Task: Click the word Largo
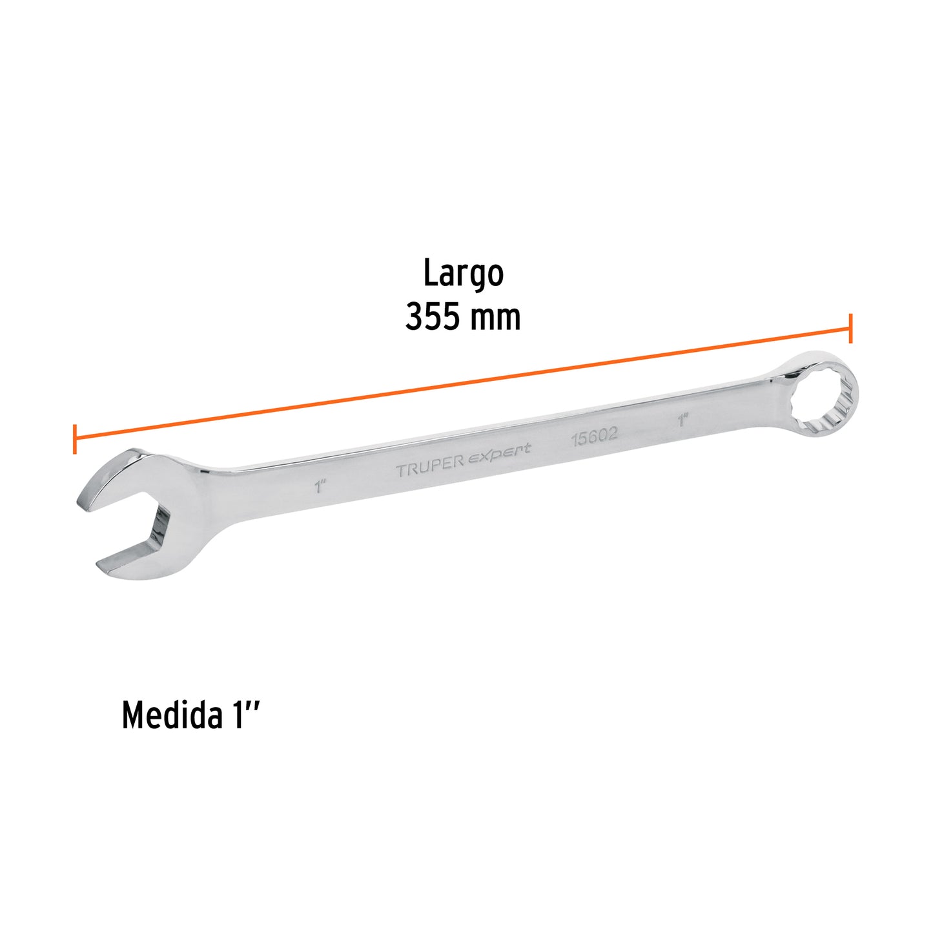coord(463,274)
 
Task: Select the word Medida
coord(170,715)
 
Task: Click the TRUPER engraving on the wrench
coord(430,467)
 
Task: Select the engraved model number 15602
coord(594,436)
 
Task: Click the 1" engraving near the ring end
coord(683,420)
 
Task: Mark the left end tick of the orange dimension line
coord(75,439)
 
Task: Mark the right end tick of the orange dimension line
coord(851,328)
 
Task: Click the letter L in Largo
coord(429,274)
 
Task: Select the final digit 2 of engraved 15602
coord(612,434)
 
